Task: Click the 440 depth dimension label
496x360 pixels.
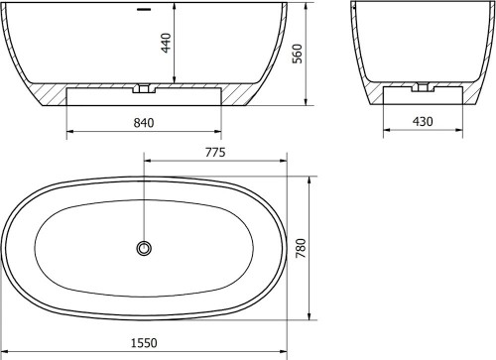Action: (167, 43)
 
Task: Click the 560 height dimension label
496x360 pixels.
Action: (298, 54)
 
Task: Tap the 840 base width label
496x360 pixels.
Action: (144, 123)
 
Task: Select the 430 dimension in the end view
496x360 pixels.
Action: (423, 122)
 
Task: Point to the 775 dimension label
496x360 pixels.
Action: (215, 153)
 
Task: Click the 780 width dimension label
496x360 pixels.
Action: (302, 248)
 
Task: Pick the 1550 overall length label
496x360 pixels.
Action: (144, 343)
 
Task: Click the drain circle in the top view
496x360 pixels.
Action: (144, 248)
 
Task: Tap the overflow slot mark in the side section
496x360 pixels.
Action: (144, 10)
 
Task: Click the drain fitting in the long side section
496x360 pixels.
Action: (144, 88)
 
